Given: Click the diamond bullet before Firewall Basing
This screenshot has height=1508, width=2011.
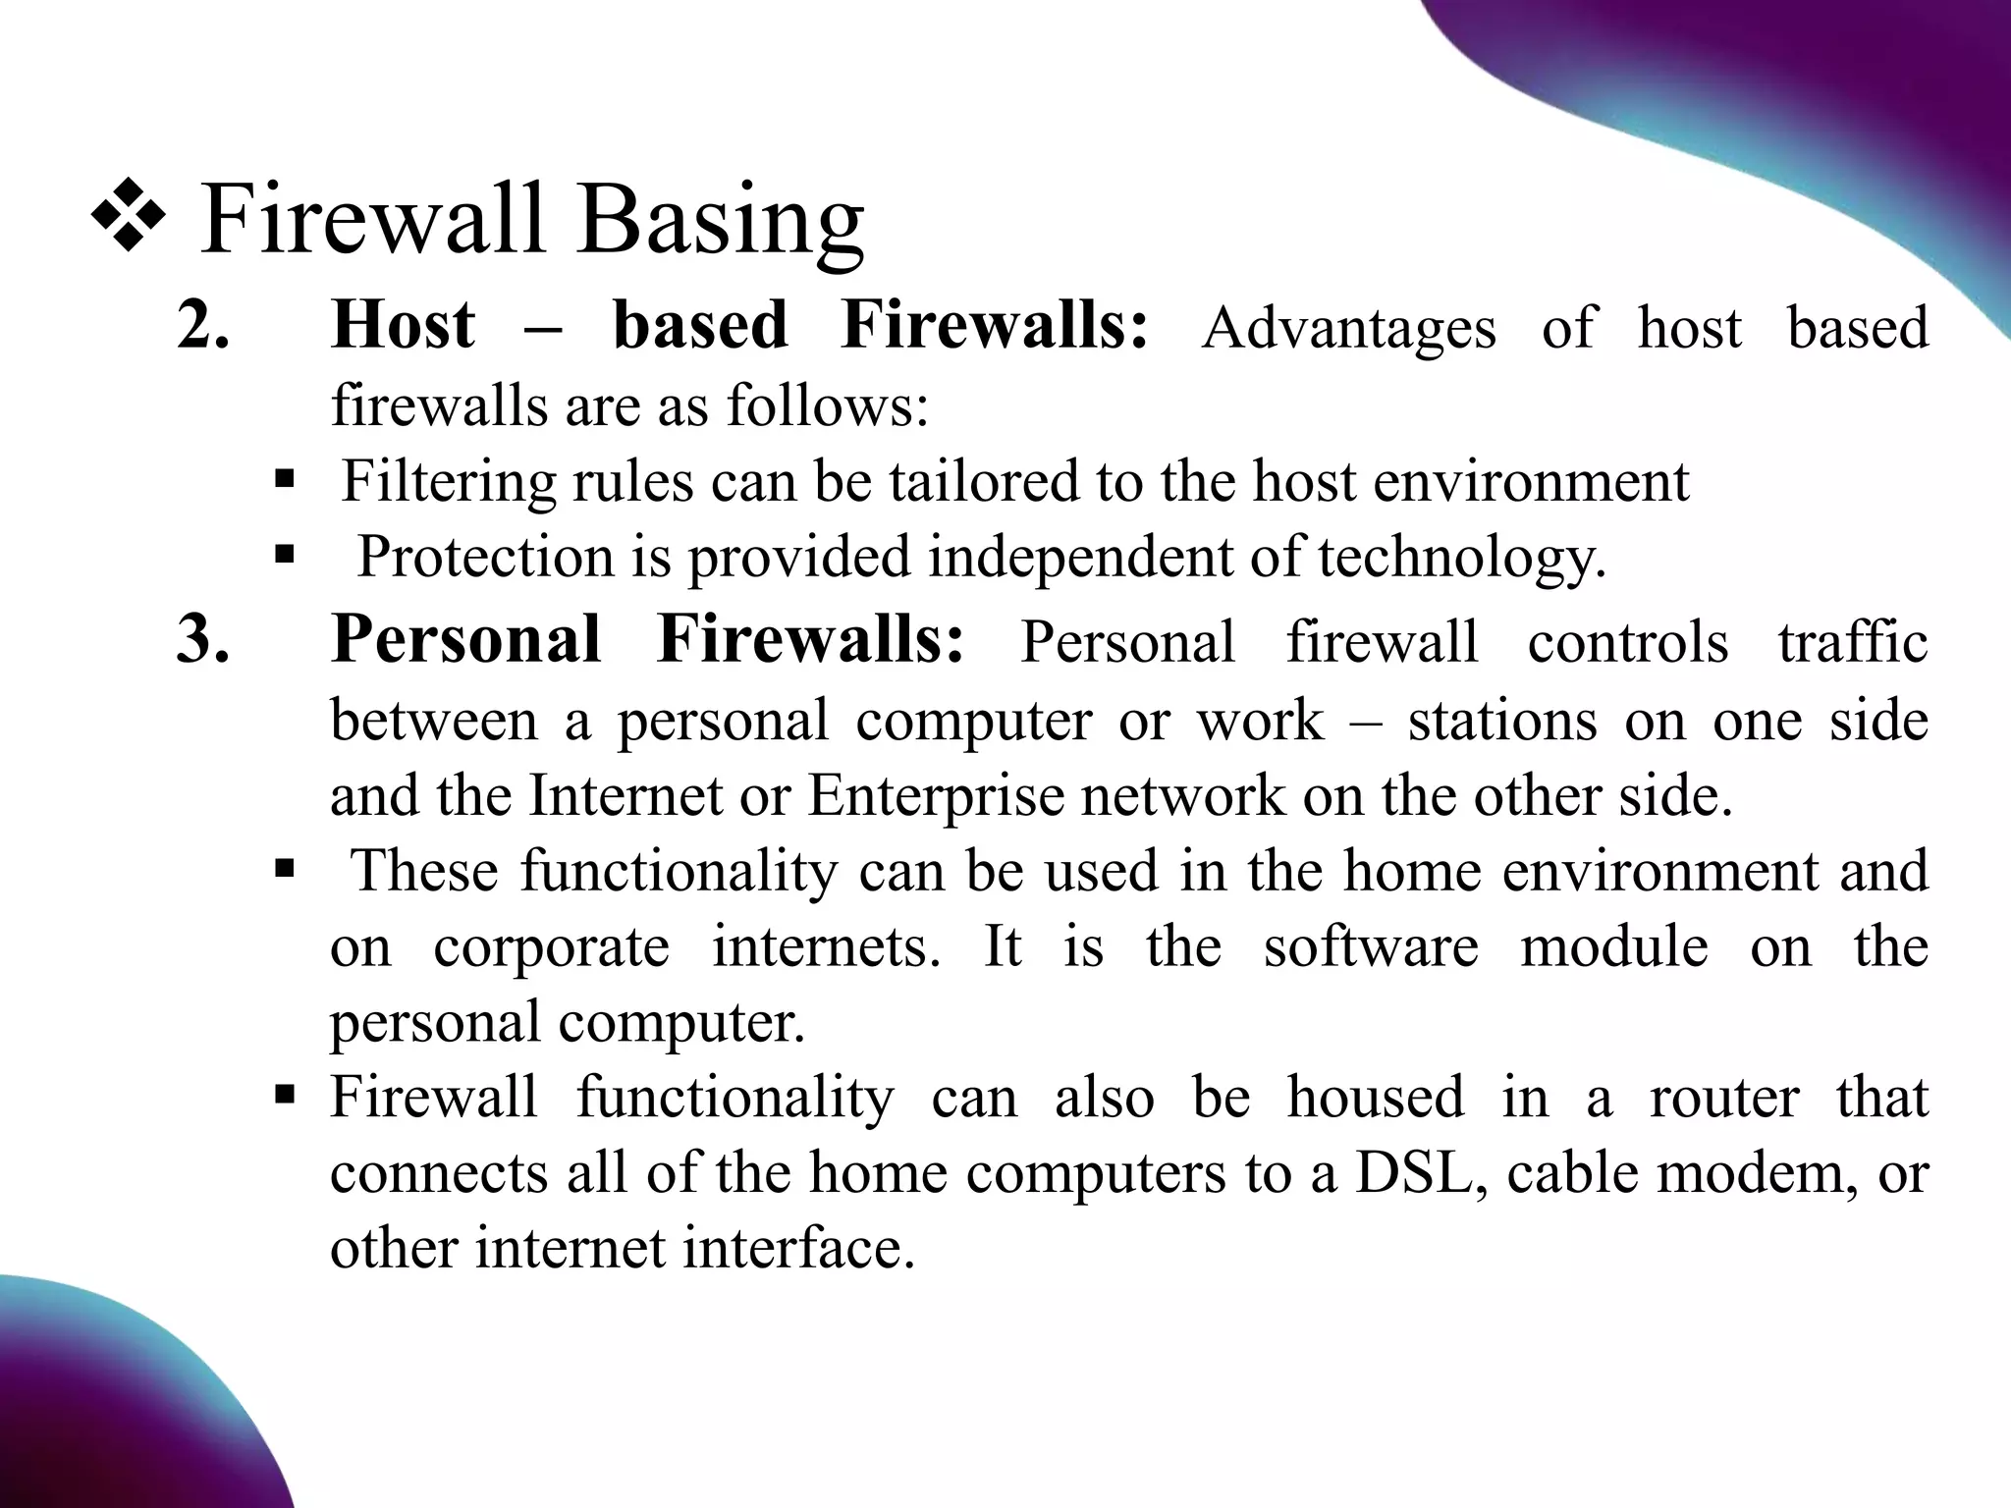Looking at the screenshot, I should point(127,218).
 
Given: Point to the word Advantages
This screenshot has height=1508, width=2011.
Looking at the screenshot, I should point(1348,329).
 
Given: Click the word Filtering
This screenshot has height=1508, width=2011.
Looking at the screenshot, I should point(448,481).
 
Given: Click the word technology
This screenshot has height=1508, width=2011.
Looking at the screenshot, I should point(1460,559).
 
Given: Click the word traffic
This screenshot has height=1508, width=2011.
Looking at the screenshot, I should point(1852,642).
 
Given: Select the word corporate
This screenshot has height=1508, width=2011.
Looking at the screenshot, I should point(552,947).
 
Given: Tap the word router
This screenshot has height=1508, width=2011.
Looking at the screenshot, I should point(1724,1097).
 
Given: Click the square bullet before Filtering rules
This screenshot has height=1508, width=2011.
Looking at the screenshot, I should point(286,481).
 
